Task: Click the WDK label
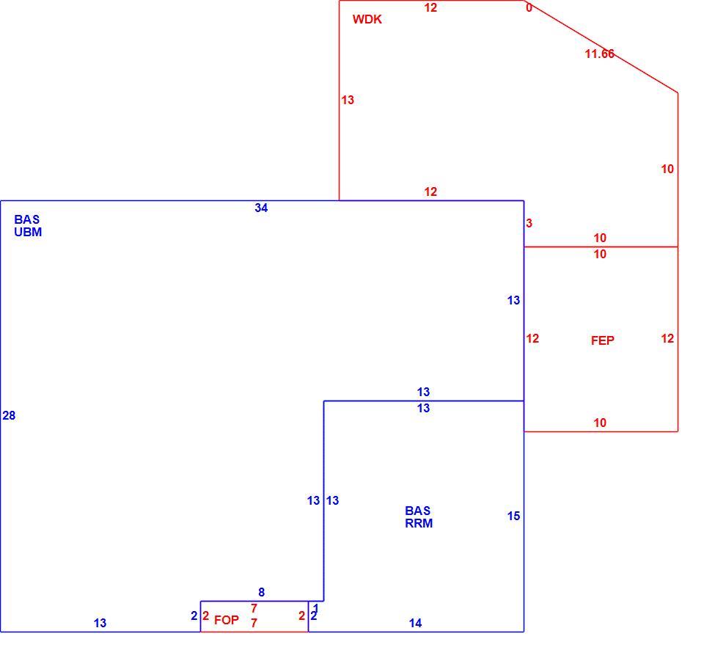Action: tap(367, 19)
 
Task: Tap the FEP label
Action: tap(602, 340)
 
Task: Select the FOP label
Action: tap(227, 620)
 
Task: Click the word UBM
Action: tap(28, 232)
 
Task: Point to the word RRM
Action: tap(419, 523)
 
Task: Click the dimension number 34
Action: tap(261, 208)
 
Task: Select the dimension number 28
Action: tap(9, 416)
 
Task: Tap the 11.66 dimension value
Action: tap(599, 54)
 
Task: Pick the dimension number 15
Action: tap(513, 516)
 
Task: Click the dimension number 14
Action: tap(415, 623)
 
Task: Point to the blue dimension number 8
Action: tap(261, 592)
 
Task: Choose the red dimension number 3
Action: tap(529, 223)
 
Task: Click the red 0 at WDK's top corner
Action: tap(529, 7)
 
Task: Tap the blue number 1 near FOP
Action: tap(315, 608)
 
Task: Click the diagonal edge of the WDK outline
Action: tap(601, 47)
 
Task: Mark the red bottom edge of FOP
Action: tap(254, 632)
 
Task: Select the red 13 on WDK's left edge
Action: tap(348, 100)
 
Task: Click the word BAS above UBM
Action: tap(27, 219)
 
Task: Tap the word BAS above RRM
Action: tap(417, 511)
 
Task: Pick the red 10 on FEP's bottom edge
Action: tap(600, 423)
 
